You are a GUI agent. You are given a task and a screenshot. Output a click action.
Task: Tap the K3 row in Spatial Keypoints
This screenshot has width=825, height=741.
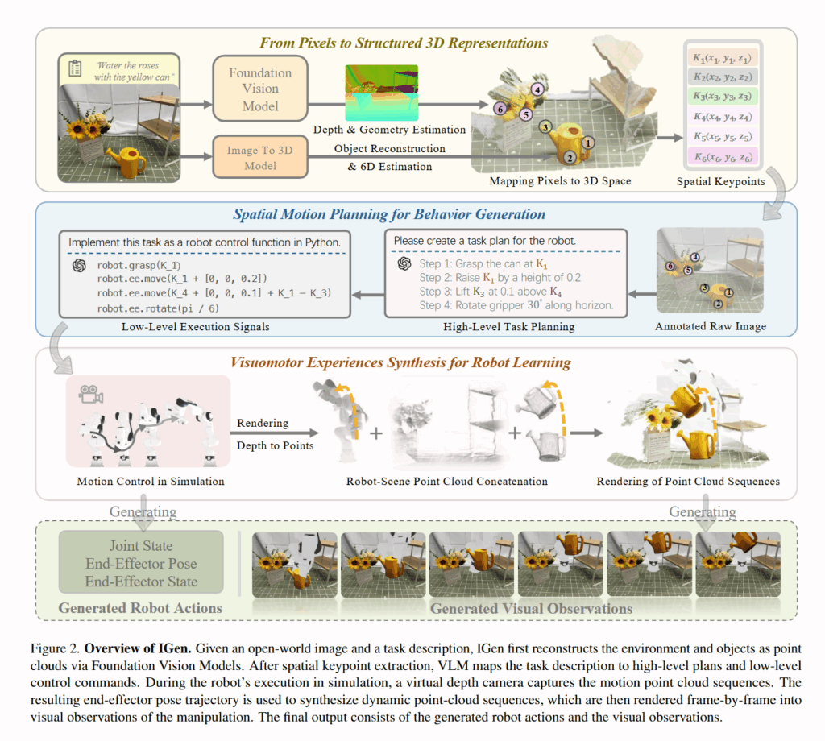point(724,97)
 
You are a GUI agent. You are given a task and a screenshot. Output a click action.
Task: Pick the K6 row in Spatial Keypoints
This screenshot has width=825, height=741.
point(724,158)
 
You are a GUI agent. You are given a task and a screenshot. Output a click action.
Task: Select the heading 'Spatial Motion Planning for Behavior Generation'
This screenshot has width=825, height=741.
point(389,214)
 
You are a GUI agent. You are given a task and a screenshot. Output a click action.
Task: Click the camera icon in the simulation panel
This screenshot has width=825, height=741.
point(90,394)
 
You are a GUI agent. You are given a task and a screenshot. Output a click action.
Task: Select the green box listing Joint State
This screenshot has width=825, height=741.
point(141,563)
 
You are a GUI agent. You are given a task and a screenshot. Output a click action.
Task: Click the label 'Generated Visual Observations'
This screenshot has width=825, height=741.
point(531,608)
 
